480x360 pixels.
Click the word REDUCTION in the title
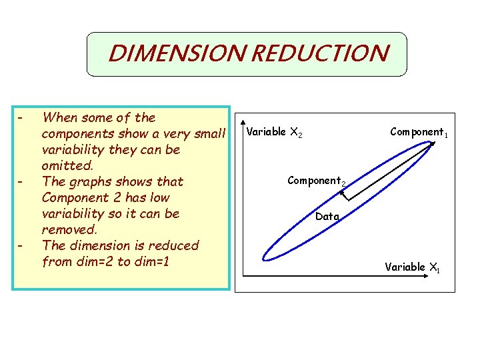[x=319, y=53]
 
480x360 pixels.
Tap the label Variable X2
[x=274, y=133]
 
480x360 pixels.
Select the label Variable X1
[x=412, y=267]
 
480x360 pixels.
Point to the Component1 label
[x=418, y=132]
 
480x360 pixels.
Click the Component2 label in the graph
[x=316, y=181]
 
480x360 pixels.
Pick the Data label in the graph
[x=327, y=216]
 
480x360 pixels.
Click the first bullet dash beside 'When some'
[x=21, y=119]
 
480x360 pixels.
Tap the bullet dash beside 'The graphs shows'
[x=21, y=182]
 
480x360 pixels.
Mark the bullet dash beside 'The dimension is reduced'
[x=21, y=246]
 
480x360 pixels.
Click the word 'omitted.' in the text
[x=70, y=165]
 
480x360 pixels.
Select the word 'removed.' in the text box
[x=69, y=229]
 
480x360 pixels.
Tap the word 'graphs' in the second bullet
[x=89, y=181]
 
